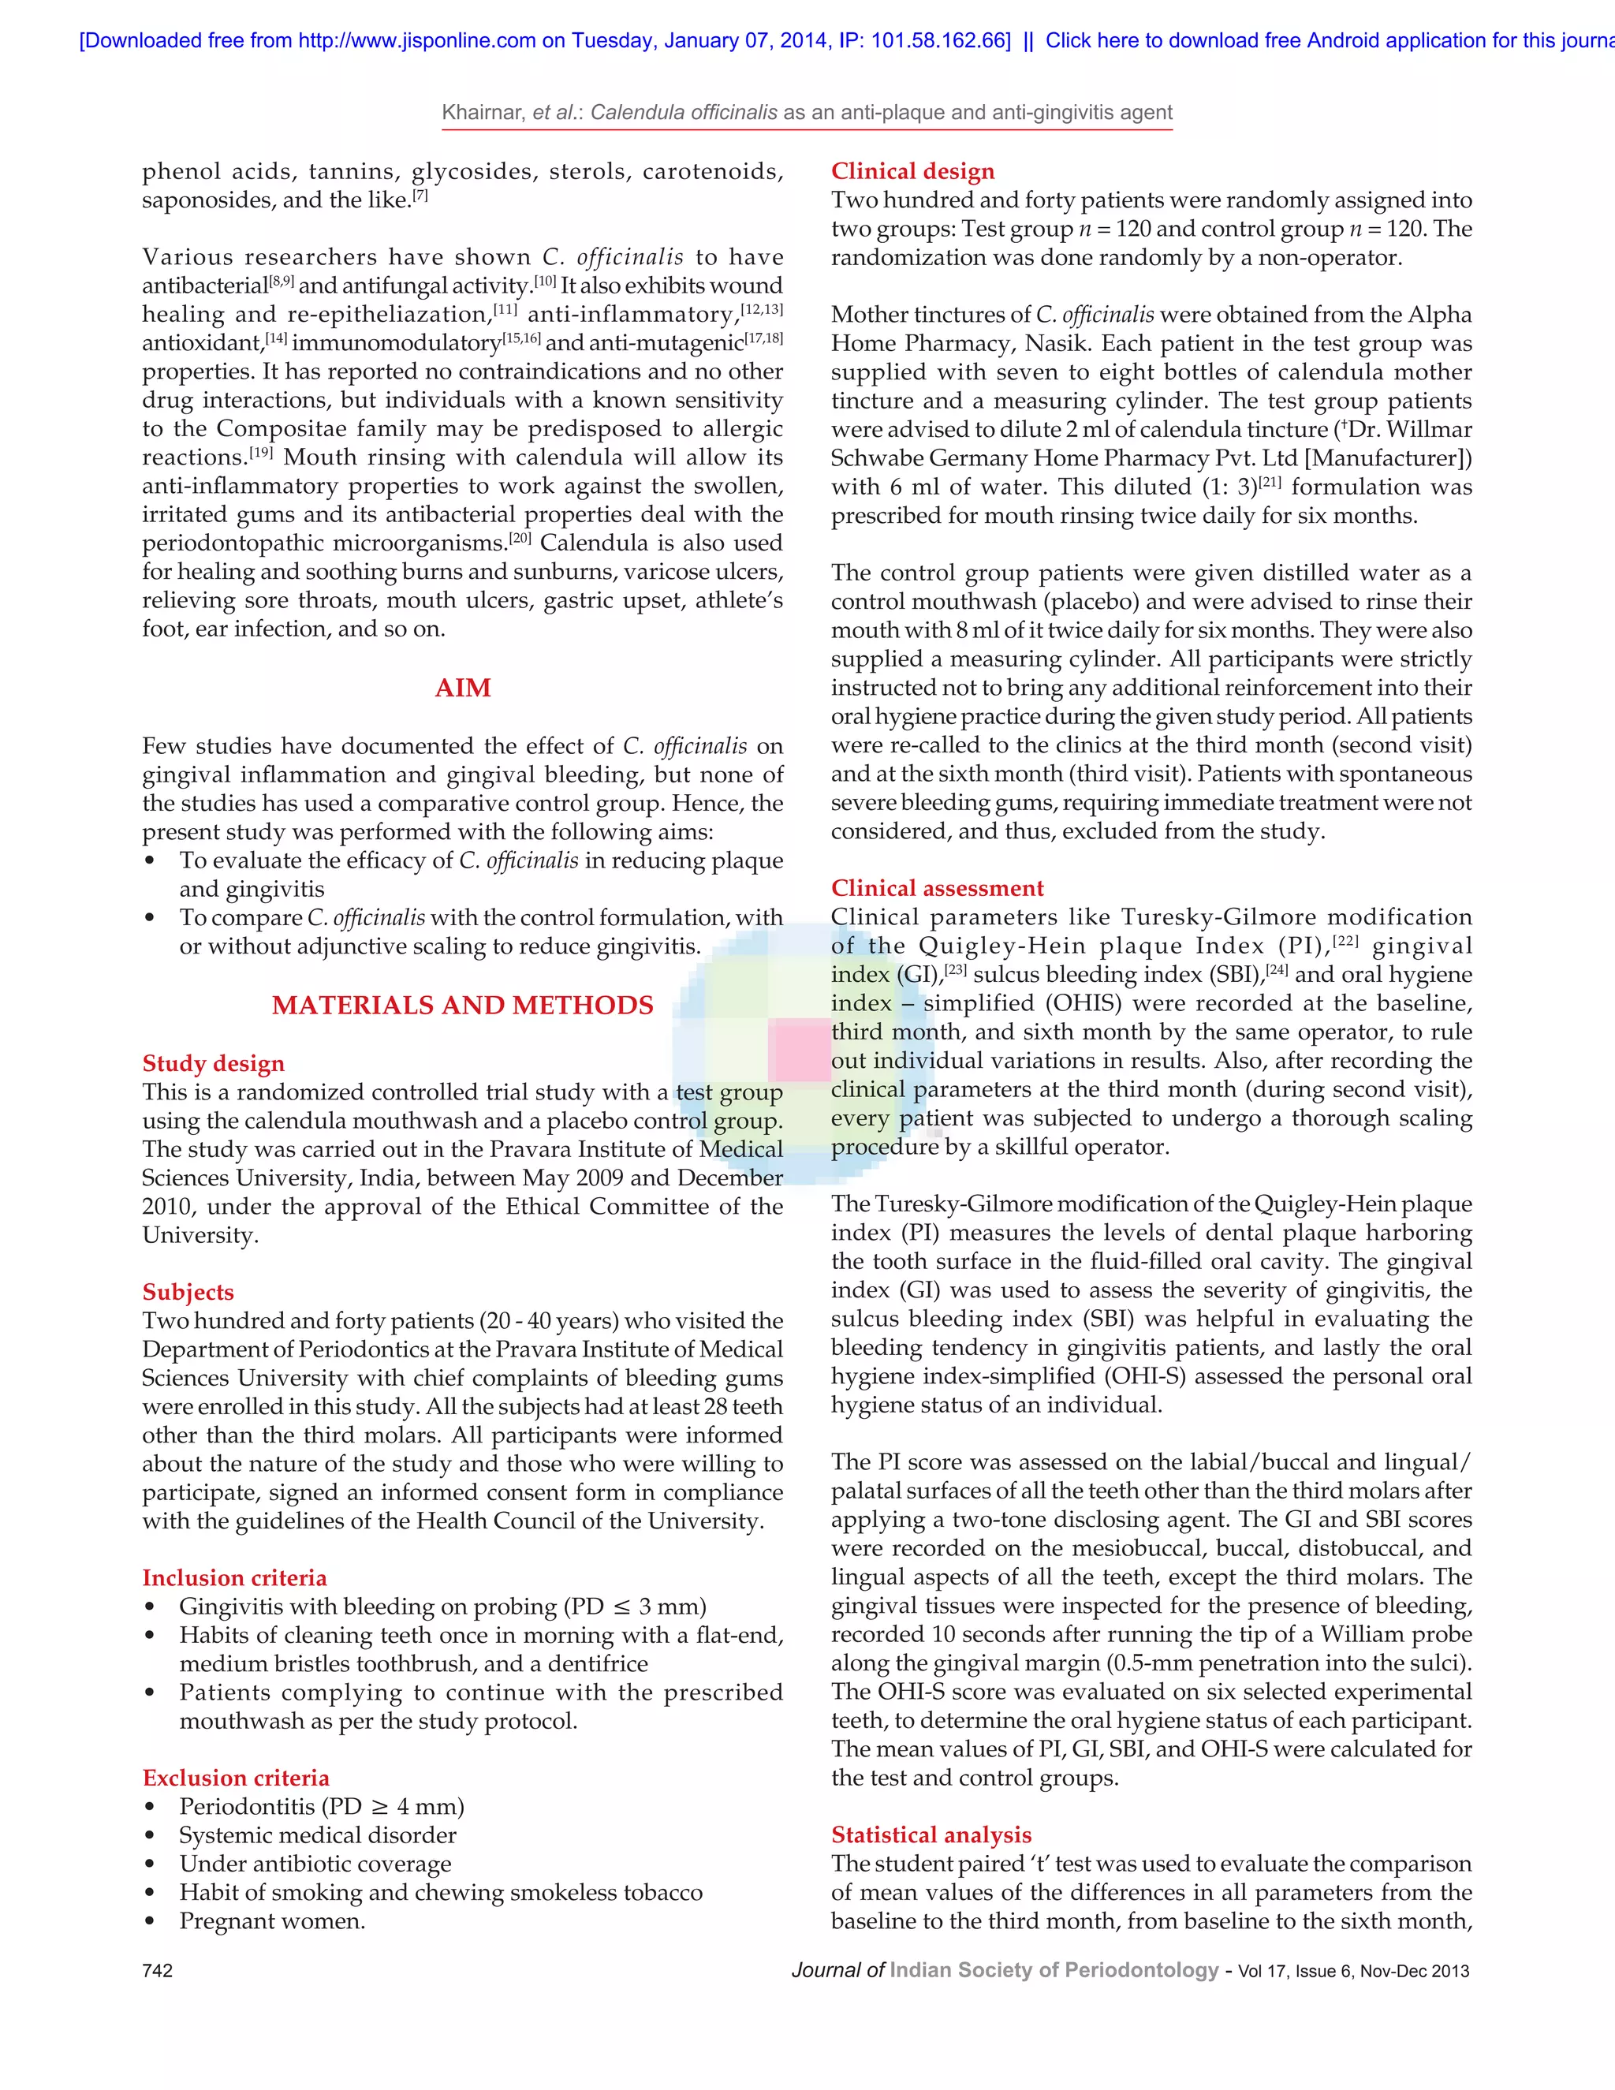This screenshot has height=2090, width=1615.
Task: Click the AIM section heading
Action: (463, 688)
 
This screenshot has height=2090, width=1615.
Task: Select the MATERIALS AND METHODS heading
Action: (463, 1005)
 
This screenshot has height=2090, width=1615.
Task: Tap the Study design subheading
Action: (214, 1063)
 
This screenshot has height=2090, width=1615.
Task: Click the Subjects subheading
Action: (188, 1292)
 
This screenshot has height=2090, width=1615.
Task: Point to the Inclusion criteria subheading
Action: (234, 1578)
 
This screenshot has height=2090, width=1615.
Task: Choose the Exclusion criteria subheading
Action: (235, 1778)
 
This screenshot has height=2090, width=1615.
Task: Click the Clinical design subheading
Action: (912, 171)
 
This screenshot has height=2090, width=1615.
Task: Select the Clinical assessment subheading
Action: (938, 888)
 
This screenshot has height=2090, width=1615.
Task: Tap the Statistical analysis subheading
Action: (931, 1834)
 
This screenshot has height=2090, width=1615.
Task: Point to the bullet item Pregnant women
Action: (272, 1920)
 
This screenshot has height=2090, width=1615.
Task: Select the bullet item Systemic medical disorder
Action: (318, 1834)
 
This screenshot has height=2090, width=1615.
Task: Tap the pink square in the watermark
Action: (799, 1050)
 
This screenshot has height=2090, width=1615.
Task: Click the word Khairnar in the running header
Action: (482, 113)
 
